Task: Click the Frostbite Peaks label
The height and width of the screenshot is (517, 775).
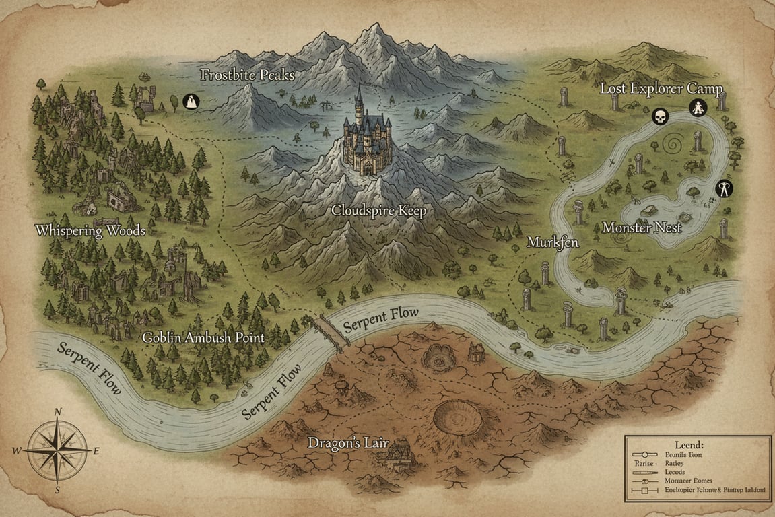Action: (x=247, y=75)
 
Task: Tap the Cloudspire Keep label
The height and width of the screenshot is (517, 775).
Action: (x=379, y=211)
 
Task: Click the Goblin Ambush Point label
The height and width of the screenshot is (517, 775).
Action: (x=203, y=337)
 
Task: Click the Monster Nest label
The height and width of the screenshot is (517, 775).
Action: (x=642, y=228)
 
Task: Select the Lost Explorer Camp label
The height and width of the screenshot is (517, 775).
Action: (x=661, y=89)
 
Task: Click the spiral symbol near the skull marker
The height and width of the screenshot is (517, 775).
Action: (x=673, y=144)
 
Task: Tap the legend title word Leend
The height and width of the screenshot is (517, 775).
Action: (x=687, y=445)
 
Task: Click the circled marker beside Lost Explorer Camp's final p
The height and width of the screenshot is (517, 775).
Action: (x=698, y=107)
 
